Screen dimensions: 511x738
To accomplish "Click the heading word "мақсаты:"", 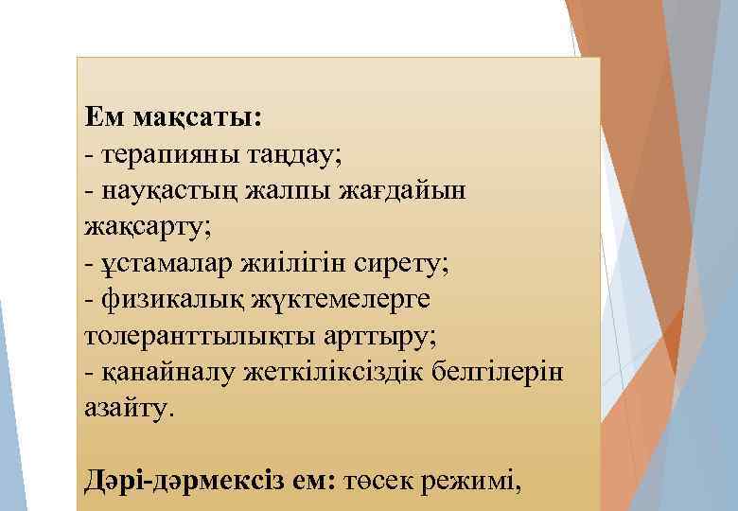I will [199, 118].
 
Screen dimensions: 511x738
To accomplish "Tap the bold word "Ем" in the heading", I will [103, 118].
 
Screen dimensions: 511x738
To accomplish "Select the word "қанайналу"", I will [164, 373].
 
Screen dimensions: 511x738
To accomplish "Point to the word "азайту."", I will [130, 409].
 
